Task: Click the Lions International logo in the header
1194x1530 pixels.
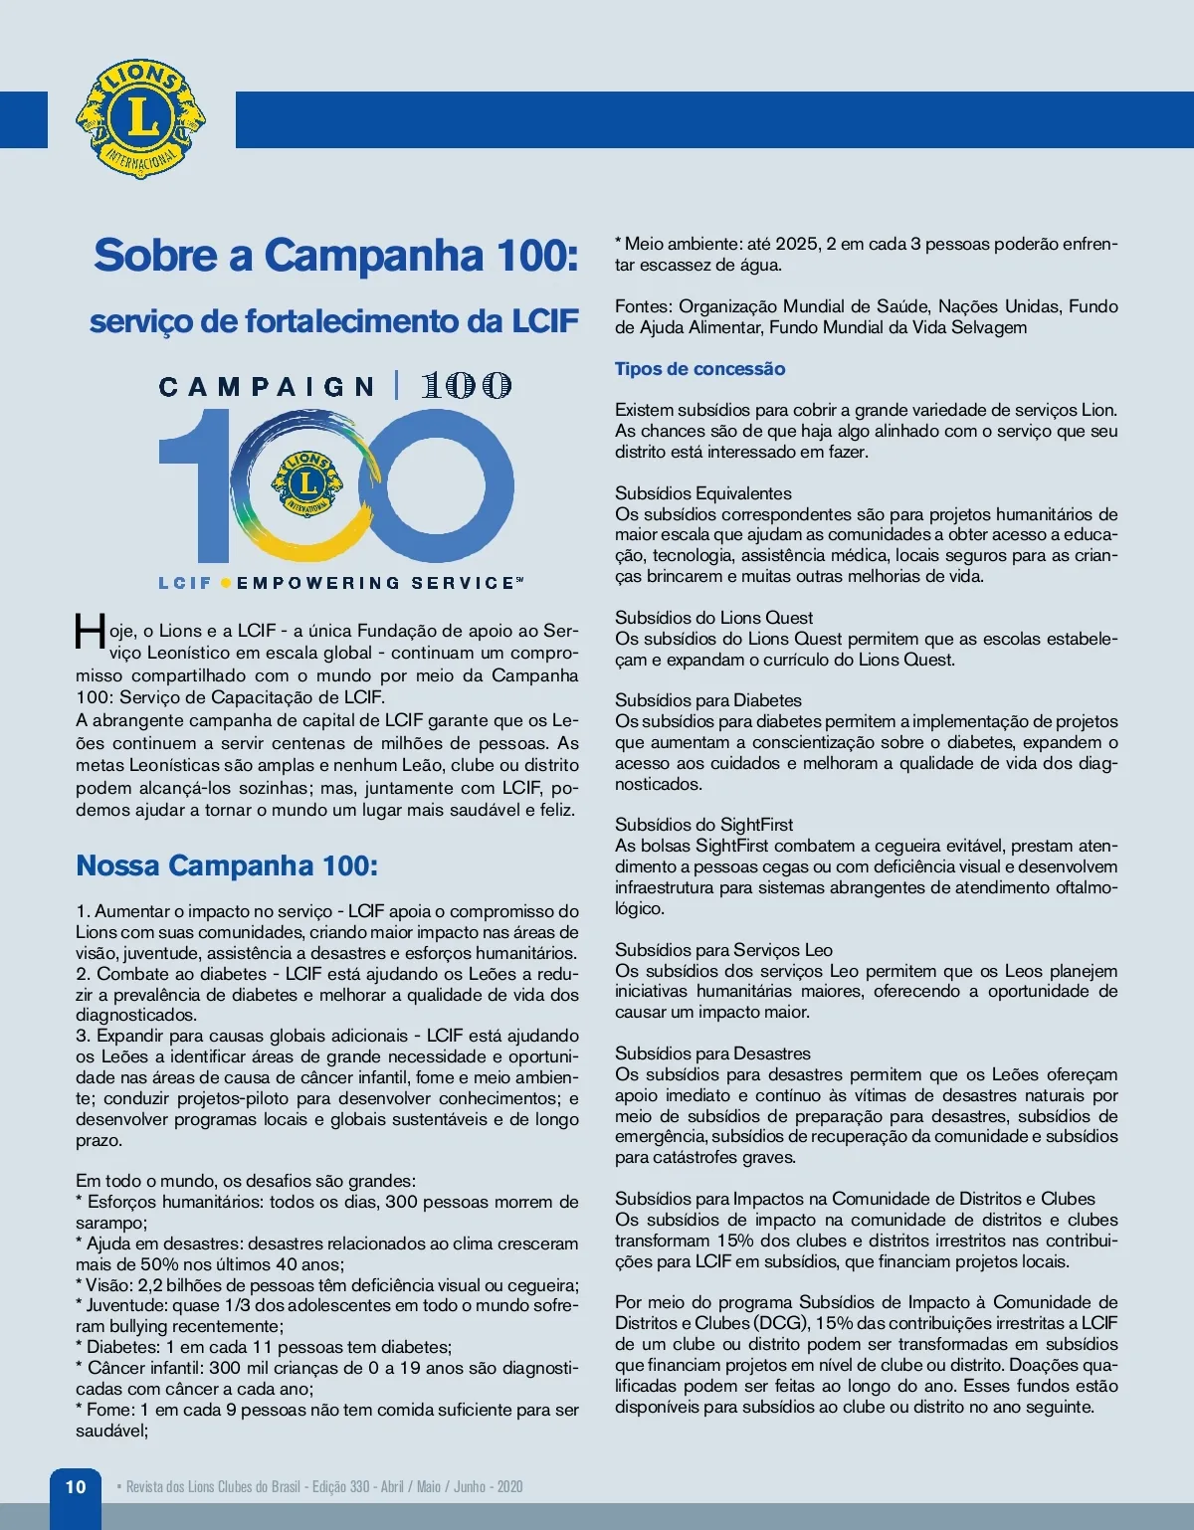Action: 141,118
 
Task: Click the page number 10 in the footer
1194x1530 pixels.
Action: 76,1486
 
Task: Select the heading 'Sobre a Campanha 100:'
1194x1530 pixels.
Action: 335,255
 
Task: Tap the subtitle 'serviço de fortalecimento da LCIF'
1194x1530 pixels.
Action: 334,321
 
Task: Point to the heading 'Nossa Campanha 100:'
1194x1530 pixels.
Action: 227,865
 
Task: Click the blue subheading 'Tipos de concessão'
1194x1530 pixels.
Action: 699,369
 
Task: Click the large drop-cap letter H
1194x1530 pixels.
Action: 90,633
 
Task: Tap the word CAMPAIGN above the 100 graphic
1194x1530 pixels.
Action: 266,386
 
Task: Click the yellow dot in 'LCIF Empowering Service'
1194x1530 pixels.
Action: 226,583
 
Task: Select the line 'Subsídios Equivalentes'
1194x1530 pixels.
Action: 702,493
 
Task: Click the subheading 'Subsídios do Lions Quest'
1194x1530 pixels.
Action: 713,618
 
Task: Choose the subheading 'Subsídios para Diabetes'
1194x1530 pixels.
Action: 707,700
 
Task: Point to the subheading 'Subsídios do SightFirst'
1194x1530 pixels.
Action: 703,825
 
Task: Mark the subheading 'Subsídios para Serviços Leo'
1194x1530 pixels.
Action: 723,950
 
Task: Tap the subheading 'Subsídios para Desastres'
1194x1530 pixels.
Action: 712,1053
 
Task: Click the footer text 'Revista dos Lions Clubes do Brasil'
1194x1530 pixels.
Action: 213,1487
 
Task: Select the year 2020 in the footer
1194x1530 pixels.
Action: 509,1487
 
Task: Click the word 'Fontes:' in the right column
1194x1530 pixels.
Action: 643,306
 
